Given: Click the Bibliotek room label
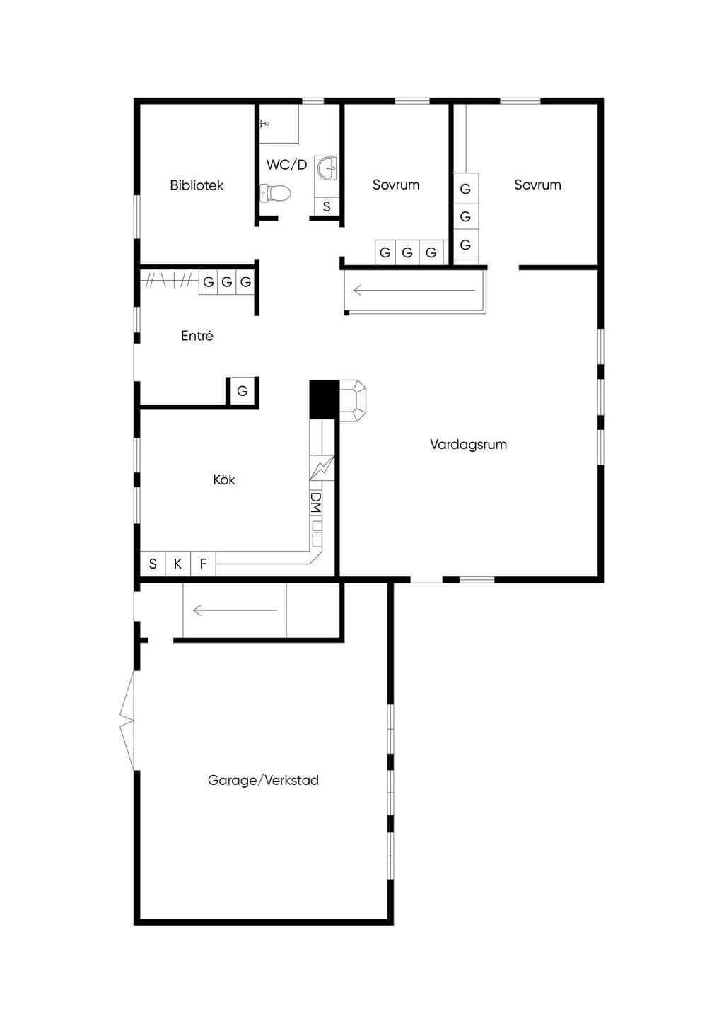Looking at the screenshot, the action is pos(197,185).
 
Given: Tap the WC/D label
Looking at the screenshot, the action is pos(286,165).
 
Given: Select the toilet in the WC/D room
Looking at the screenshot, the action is pos(275,193).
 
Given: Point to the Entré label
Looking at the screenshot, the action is pos(197,336).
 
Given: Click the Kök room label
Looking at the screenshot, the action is pos(224,479).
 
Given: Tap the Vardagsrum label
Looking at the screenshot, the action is pos(468,444).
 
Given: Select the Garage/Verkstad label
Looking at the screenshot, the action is pos(263,780).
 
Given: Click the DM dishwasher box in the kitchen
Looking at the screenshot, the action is pos(316,503).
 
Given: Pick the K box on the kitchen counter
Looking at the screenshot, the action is pos(177,564).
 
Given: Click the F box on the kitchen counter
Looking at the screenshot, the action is pos(203,564).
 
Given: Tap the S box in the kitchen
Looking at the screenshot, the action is pos(153,564).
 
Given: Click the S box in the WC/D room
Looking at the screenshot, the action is pos(327,206).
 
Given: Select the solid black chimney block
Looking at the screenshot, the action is pos(324,399).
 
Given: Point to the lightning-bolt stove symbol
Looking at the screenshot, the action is pos(322,467).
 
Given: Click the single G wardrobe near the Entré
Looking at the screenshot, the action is pos(243,391).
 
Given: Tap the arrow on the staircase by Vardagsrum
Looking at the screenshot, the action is pos(414,290).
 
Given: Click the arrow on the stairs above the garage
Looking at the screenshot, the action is pos(235,610).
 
